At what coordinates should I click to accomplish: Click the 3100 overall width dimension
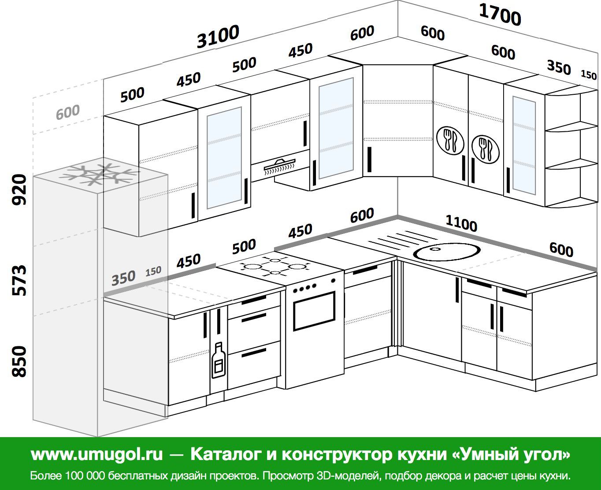tap(218, 37)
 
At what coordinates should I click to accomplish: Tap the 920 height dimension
tap(19, 189)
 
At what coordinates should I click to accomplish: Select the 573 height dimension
tap(19, 280)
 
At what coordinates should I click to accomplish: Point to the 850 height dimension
tap(19, 361)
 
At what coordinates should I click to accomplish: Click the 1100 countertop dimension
tap(461, 223)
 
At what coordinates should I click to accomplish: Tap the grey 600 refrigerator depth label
tap(67, 112)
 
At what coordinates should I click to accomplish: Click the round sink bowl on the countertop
tap(446, 252)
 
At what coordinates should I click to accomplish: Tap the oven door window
tap(314, 311)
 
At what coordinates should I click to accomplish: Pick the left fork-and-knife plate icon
tap(450, 140)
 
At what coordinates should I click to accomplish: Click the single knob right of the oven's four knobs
tap(333, 281)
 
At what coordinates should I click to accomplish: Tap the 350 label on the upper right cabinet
tap(559, 67)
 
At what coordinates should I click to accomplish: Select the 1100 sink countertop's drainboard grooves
tap(403, 239)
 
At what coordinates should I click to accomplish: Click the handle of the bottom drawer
tap(253, 353)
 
